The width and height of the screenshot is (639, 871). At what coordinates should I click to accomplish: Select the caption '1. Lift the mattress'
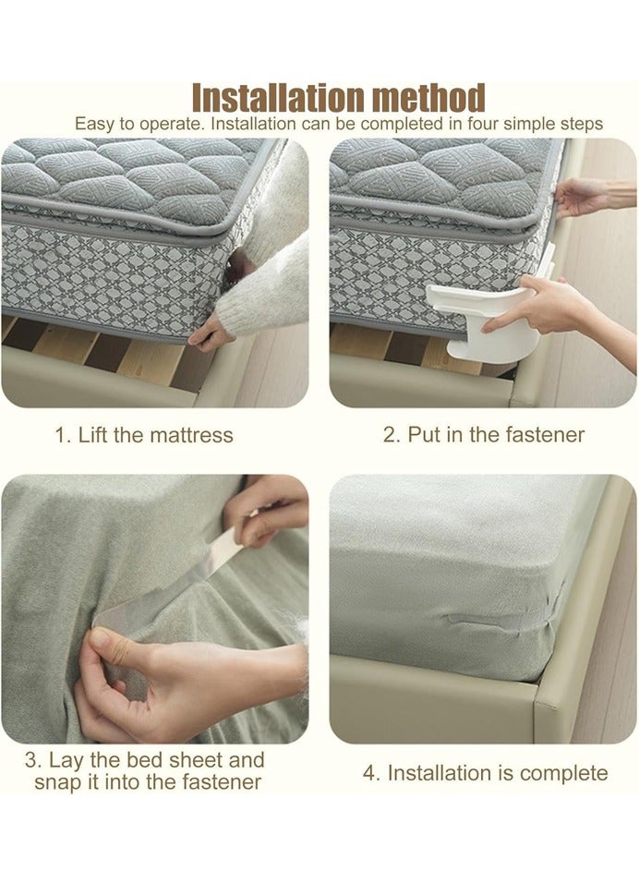(x=144, y=435)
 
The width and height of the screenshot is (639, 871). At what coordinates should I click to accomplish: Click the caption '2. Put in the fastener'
(x=484, y=435)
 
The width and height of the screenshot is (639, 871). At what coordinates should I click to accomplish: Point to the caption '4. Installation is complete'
(x=485, y=773)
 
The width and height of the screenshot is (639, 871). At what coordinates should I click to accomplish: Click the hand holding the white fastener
(x=536, y=305)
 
